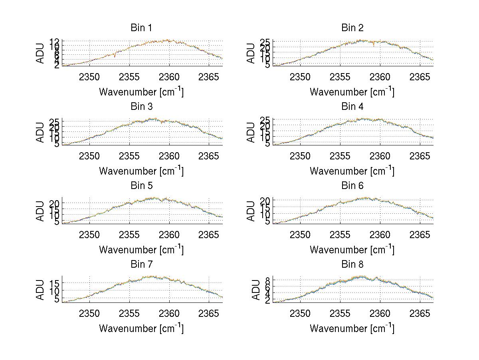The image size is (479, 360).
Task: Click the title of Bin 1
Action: [141, 28]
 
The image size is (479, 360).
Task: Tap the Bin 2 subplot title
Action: [352, 28]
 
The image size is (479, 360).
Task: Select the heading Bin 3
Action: [141, 107]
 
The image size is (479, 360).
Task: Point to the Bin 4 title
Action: [352, 107]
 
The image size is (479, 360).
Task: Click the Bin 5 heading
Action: [141, 186]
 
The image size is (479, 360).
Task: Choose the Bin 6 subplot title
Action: [352, 186]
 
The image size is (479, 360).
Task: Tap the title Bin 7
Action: [141, 265]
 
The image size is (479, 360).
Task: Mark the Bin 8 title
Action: [352, 265]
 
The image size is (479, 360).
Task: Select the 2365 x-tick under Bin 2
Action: [420, 77]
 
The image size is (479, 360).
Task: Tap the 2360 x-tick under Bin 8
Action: [380, 313]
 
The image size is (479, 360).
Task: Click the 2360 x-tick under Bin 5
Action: [169, 235]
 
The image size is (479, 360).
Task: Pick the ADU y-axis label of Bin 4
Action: [251, 132]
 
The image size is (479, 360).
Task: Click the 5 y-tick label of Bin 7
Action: [57, 298]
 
